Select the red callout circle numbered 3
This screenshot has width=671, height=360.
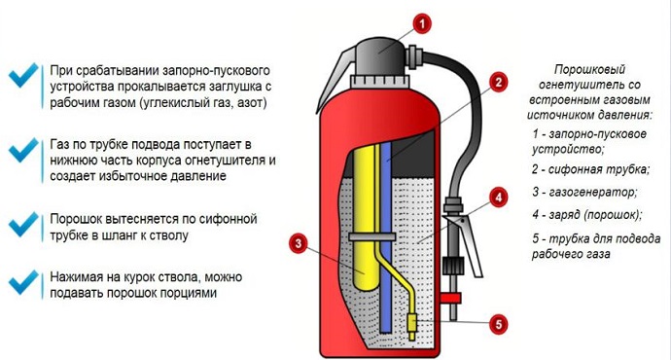point(299,242)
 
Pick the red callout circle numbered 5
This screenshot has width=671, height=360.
point(498,324)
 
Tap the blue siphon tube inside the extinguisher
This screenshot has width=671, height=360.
point(386,234)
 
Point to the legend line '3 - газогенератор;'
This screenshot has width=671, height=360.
point(584,193)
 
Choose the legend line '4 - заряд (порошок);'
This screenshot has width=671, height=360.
point(588,214)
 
